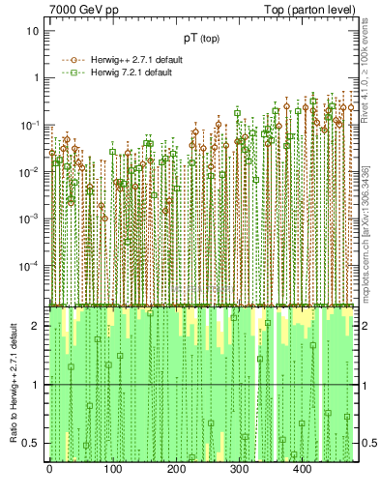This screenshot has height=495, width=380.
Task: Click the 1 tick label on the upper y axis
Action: point(37,77)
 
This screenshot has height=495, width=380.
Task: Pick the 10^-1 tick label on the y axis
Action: point(31,125)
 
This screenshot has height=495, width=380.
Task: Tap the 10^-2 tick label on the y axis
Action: point(31,171)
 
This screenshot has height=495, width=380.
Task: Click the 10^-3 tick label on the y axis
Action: point(31,218)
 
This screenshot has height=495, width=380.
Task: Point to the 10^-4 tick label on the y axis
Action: point(31,265)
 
